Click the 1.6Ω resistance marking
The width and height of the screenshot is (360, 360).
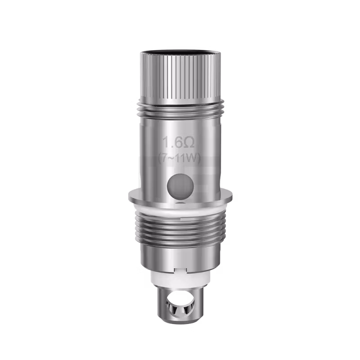179,143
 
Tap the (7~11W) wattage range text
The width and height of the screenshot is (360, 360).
179,158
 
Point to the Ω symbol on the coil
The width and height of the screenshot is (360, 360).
189,143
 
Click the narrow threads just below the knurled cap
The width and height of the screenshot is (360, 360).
180,108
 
